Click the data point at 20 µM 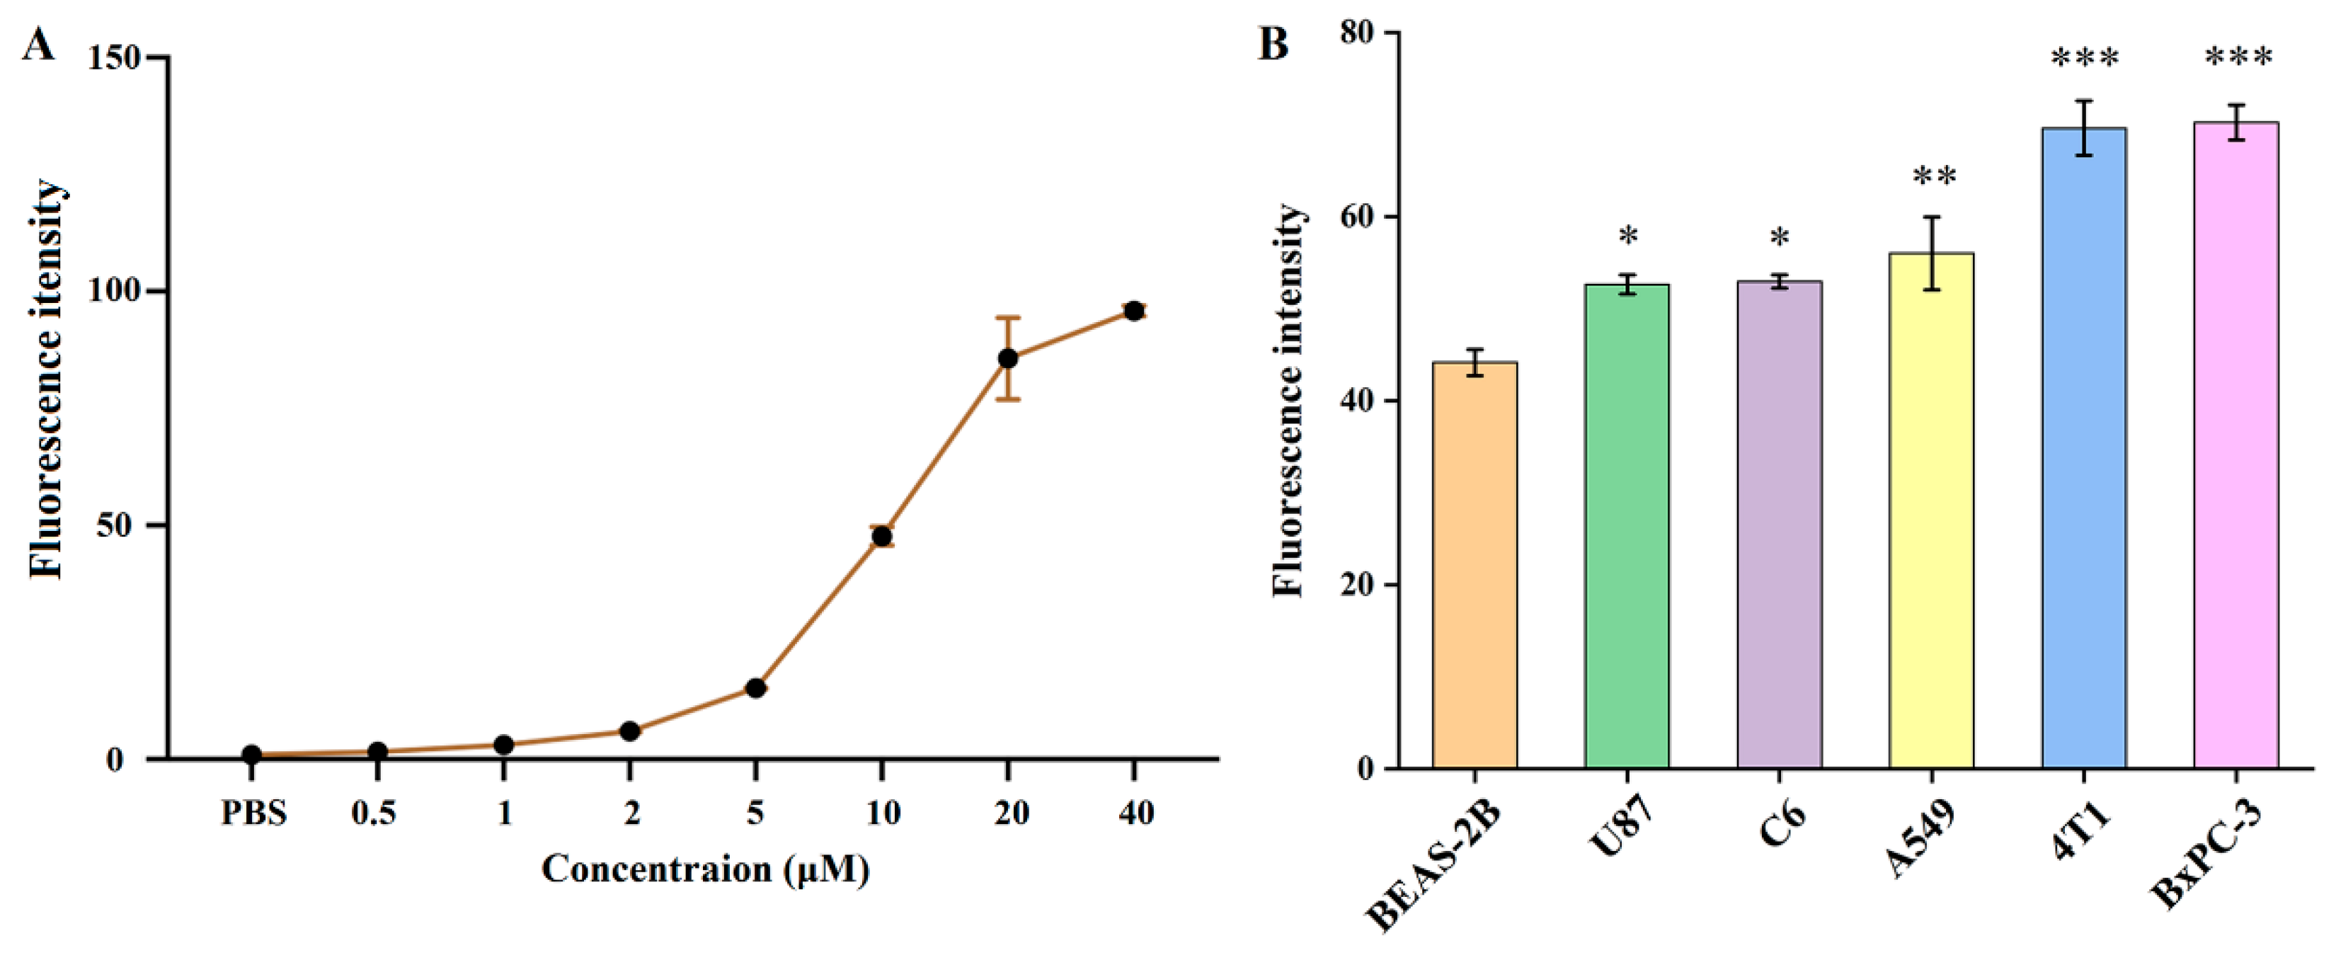(x=1007, y=358)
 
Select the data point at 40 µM (x=1133, y=311)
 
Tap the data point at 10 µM (x=881, y=536)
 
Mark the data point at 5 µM (x=755, y=688)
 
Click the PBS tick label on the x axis (x=253, y=813)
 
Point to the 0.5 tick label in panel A (x=374, y=813)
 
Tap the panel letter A (x=38, y=43)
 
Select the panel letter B (x=1273, y=43)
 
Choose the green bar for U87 (x=1627, y=526)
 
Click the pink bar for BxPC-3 (x=2236, y=445)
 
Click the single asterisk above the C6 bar (x=1780, y=239)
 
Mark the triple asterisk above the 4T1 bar (x=2085, y=59)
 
